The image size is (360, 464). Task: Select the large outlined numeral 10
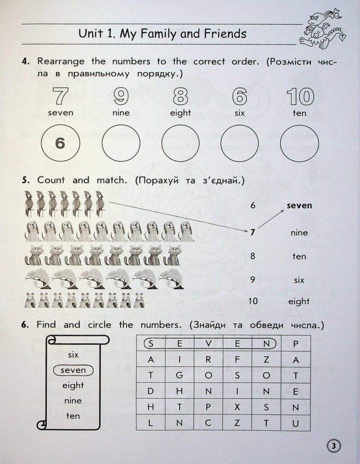point(299,96)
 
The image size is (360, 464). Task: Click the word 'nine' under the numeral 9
point(121,113)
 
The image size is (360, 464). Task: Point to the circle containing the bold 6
point(60,143)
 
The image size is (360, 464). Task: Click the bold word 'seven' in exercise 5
point(299,205)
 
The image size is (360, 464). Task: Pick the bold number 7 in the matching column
point(253,232)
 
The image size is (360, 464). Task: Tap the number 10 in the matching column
point(253,301)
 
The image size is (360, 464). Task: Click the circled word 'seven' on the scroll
point(73,370)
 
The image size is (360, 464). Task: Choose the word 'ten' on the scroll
point(73,416)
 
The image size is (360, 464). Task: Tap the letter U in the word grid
point(296,423)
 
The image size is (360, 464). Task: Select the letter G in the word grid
point(179,375)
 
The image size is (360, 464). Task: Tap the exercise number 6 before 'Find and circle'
point(25,325)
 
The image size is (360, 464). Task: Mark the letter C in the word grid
point(208,423)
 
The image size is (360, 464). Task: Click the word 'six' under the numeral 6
point(239,113)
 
